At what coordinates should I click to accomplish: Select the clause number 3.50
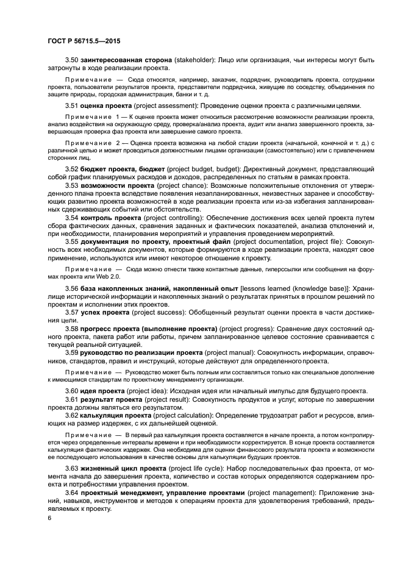[72, 60]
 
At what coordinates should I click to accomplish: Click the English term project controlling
[177, 217]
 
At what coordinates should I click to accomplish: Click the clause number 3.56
[72, 288]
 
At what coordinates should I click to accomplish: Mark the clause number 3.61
[72, 399]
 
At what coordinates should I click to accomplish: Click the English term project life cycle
[190, 469]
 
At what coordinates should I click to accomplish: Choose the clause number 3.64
[72, 492]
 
